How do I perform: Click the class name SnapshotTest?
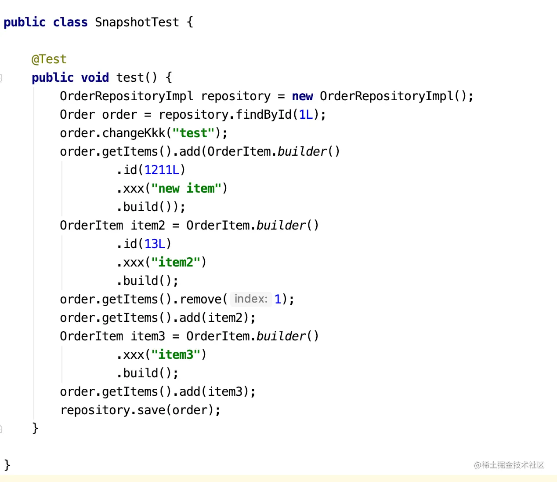coord(137,22)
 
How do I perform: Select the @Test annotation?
coord(49,59)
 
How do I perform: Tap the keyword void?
coord(95,78)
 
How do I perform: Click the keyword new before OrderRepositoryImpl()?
coord(302,96)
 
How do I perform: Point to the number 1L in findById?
coord(306,115)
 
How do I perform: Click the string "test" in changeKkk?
coord(193,133)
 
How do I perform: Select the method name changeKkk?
coord(134,133)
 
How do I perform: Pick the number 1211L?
coord(162,170)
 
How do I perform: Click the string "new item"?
coord(186,188)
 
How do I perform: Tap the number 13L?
coord(155,244)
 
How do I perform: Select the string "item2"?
coord(176,262)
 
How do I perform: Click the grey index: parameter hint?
coord(251,299)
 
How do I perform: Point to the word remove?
coord(200,299)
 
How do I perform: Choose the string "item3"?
coord(176,354)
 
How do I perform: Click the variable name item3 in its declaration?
coord(148,336)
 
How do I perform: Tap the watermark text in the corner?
coord(509,465)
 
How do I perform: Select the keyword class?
coord(70,22)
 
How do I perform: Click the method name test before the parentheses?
coord(130,78)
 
